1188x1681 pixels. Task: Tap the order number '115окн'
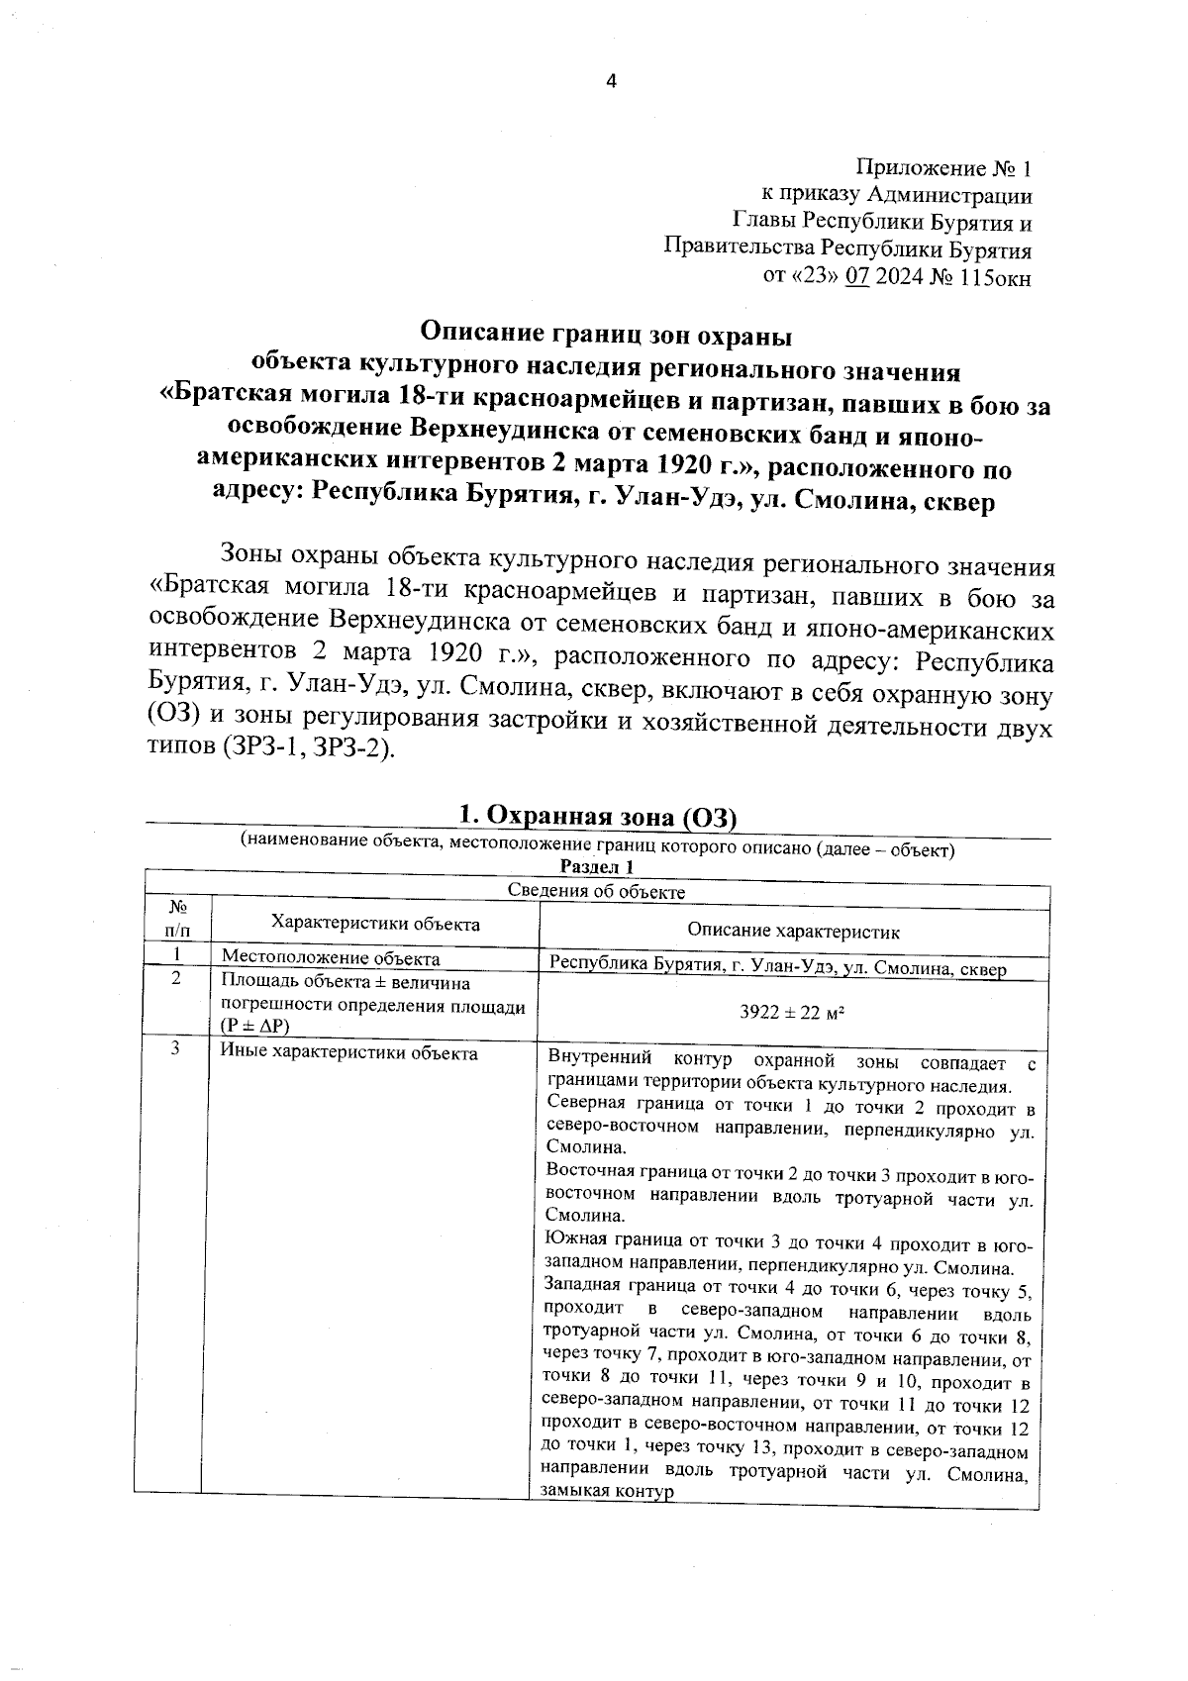pyautogui.click(x=995, y=278)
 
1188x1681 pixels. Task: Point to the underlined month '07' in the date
pyautogui.click(x=856, y=278)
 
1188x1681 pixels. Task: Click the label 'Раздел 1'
pyautogui.click(x=596, y=867)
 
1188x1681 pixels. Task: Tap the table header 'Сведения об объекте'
pyautogui.click(x=596, y=891)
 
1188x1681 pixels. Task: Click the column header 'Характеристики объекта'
pyautogui.click(x=375, y=924)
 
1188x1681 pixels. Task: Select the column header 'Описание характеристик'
pyautogui.click(x=793, y=932)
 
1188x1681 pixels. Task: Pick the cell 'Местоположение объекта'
pyautogui.click(x=331, y=958)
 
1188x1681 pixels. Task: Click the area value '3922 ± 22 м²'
pyautogui.click(x=792, y=1013)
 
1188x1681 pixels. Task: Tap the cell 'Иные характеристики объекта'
pyautogui.click(x=348, y=1053)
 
